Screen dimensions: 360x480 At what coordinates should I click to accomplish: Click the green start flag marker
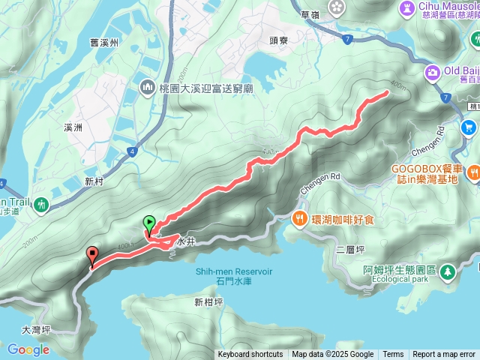(x=148, y=223)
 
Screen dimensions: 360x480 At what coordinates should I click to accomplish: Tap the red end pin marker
(x=92, y=254)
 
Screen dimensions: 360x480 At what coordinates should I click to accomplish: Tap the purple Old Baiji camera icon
(x=432, y=72)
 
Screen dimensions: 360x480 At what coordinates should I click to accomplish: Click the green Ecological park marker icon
(x=448, y=271)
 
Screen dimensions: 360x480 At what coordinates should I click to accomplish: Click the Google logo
(x=28, y=349)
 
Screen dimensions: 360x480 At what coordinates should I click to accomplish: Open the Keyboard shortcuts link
(x=250, y=355)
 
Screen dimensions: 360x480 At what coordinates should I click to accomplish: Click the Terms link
(x=393, y=355)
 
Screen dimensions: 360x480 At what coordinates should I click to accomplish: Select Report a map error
(x=444, y=355)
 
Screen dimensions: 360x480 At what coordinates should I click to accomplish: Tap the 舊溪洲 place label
(x=103, y=43)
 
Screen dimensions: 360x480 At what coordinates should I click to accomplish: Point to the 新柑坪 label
(x=208, y=302)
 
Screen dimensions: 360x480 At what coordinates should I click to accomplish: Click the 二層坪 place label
(x=351, y=249)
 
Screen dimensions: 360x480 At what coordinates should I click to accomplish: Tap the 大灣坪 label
(x=36, y=329)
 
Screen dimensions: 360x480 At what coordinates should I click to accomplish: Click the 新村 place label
(x=94, y=181)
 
